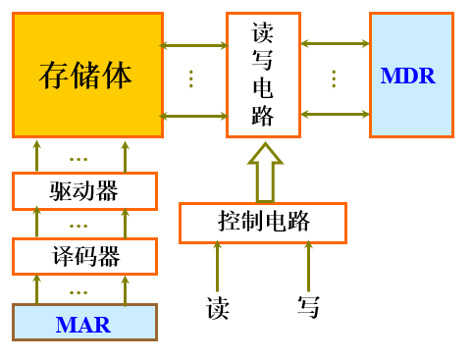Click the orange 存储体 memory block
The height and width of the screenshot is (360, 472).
pos(87,75)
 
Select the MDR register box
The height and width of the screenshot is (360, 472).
pos(411,75)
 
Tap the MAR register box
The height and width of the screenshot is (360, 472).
pos(84,323)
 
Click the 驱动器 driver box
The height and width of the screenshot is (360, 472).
pos(84,190)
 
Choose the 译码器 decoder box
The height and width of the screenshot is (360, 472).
pos(84,256)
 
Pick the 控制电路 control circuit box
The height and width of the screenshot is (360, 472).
pos(263,222)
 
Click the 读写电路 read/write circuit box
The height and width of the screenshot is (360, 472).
pos(263,75)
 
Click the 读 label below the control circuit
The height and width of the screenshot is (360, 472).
pos(218,307)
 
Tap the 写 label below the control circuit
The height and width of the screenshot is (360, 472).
pos(308,307)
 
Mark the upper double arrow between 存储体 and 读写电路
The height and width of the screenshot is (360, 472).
pos(193,44)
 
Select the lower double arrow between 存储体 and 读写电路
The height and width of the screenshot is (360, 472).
pos(193,116)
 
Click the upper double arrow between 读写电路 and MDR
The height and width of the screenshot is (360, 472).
pos(335,43)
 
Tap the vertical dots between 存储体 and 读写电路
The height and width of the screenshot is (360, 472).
pos(191,78)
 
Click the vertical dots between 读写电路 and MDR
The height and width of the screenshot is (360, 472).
pos(334,78)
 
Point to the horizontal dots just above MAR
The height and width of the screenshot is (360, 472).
pos(79,291)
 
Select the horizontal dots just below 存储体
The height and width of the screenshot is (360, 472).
pos(79,158)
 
